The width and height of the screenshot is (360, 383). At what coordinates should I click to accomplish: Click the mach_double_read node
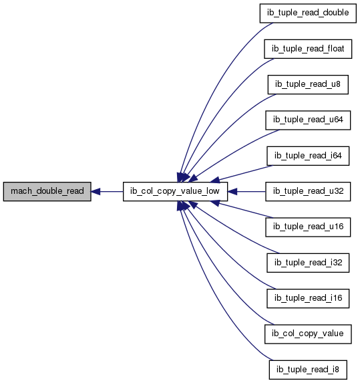pos(47,191)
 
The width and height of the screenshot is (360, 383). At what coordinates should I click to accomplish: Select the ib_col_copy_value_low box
pos(175,191)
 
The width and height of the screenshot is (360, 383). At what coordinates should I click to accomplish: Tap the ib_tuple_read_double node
pos(308,13)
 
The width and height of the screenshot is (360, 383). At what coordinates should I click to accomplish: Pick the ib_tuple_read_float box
pos(308,49)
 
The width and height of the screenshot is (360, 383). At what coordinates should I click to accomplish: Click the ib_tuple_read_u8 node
pos(308,84)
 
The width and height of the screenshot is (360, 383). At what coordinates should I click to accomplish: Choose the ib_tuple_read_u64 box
pos(308,120)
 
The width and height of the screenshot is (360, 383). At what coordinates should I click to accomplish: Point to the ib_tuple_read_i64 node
pos(308,156)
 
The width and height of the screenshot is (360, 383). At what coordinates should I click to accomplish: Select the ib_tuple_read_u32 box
pos(308,191)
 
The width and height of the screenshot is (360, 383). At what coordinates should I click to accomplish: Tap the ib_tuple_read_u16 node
pos(308,227)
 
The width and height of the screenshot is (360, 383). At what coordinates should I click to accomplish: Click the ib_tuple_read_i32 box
pos(308,263)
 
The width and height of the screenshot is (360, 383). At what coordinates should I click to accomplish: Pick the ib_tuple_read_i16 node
pos(308,299)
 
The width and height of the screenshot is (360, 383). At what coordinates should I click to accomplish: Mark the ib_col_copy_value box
pos(308,334)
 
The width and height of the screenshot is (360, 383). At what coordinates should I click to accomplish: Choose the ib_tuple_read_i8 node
pos(308,370)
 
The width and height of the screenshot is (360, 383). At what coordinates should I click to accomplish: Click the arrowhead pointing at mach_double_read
pos(96,191)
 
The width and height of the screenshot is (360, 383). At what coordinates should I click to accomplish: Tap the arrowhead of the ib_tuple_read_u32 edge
pos(232,191)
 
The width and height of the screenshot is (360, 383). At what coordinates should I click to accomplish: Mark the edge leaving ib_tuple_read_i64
pos(246,173)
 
